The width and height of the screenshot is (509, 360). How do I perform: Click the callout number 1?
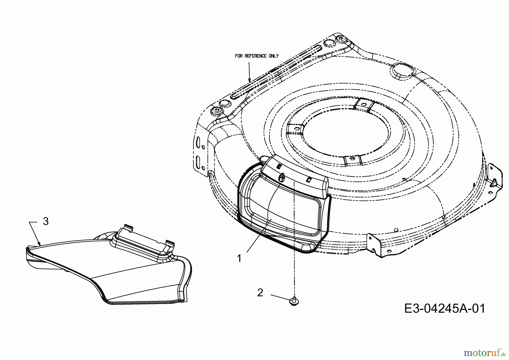(x=239, y=258)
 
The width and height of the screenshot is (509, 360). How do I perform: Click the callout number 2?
(x=260, y=293)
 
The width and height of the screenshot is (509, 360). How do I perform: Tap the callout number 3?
(x=46, y=221)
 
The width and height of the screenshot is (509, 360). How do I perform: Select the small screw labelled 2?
(x=294, y=302)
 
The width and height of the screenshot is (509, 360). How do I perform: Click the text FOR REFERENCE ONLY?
(x=257, y=56)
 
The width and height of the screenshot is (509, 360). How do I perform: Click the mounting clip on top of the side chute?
(x=144, y=237)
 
